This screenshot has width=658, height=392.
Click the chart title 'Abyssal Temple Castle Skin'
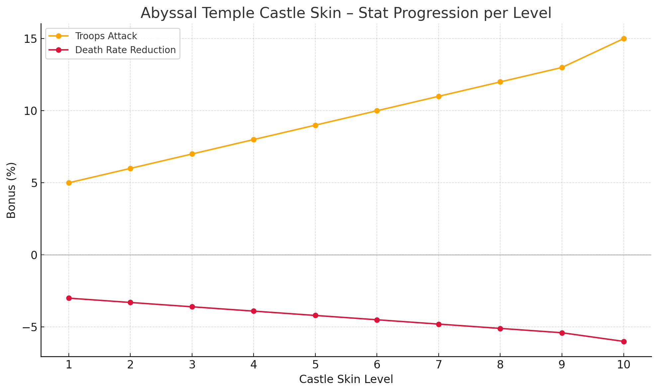point(346,13)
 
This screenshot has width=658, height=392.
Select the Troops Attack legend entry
point(106,36)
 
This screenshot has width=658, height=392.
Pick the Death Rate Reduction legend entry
point(125,50)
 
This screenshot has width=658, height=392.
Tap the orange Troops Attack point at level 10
point(624,39)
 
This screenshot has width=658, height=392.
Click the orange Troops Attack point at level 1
point(69,183)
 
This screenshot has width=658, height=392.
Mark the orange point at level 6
point(377,111)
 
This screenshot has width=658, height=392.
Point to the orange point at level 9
point(562,67)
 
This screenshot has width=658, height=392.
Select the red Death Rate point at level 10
point(624,342)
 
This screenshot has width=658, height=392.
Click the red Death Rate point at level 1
point(69,298)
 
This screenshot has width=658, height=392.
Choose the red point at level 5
point(315,315)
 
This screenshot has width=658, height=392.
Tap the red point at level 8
point(500,329)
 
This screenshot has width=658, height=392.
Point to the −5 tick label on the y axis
point(29,327)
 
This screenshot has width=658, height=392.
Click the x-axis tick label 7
point(439,365)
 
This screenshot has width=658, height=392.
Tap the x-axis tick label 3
point(192,365)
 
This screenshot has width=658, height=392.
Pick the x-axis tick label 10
point(624,365)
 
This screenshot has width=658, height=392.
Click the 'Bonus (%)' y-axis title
point(11,190)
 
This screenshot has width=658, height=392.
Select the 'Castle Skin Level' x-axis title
point(346,379)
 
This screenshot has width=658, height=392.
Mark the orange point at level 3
point(192,154)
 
